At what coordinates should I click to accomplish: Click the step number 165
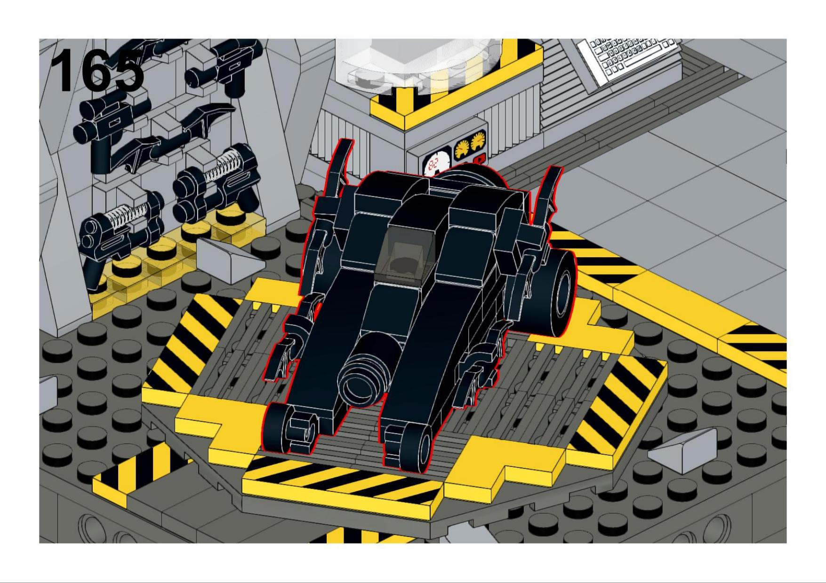[97, 71]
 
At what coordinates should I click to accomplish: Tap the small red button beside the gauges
[480, 158]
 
